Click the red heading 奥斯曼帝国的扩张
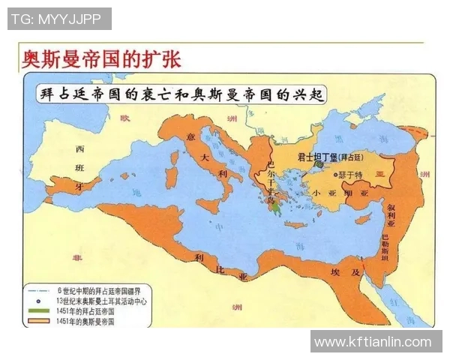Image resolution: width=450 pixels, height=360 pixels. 102,59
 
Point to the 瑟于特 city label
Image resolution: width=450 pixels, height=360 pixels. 350,174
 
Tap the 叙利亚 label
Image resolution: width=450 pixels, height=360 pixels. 390,213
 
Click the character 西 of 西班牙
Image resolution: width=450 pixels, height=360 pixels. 79,148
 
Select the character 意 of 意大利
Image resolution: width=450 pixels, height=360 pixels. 191,137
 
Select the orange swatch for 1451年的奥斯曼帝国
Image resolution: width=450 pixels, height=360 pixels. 38,321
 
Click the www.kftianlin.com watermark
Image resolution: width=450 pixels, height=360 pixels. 373,342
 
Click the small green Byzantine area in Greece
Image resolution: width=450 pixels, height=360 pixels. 277,200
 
